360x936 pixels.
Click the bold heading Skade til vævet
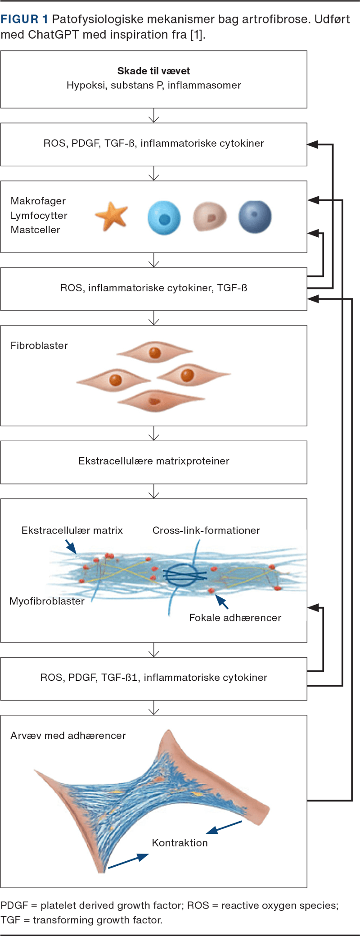pos(153,71)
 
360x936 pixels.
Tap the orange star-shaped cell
pos(112,216)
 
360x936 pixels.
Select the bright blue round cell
pos(164,218)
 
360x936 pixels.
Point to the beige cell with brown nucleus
pos(210,217)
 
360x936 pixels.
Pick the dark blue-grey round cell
pos(255,217)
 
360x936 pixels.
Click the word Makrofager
pos(38,201)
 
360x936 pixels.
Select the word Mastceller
pos(36,230)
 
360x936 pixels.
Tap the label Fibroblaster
pos(39,345)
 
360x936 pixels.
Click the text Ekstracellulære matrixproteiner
pos(154,461)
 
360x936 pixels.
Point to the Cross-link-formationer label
pos(206,530)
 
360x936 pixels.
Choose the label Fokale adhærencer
pos(235,618)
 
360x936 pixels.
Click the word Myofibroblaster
pos(47,601)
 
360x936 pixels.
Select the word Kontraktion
pos(180,843)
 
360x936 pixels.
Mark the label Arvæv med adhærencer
pos(68,736)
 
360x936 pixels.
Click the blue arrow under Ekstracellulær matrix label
pos(71,547)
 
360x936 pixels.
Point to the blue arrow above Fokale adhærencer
pos(222,601)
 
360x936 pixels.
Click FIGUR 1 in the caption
pos(24,19)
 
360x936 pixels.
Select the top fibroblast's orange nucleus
pos(155,353)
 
